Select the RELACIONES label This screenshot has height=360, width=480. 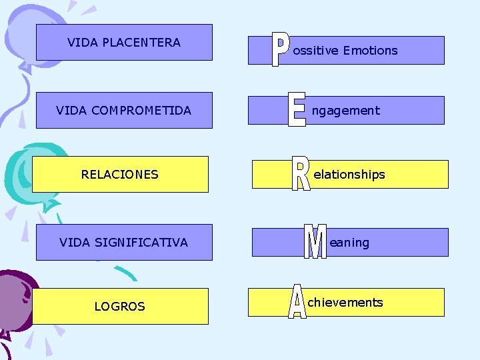(x=120, y=175)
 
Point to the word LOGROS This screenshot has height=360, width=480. (x=120, y=307)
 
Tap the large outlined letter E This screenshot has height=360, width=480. (x=297, y=109)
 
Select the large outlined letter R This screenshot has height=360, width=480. (x=301, y=174)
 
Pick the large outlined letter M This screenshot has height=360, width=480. (x=315, y=242)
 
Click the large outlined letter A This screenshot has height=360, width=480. (x=297, y=301)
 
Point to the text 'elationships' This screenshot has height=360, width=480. (x=349, y=175)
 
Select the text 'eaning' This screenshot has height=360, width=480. (x=349, y=243)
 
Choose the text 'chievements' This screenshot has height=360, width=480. (x=345, y=303)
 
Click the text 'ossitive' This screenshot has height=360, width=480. (x=316, y=51)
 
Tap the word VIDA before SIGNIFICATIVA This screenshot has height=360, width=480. (x=72, y=243)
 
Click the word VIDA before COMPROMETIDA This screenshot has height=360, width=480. (x=69, y=111)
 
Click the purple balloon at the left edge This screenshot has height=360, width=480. (x=12, y=303)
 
